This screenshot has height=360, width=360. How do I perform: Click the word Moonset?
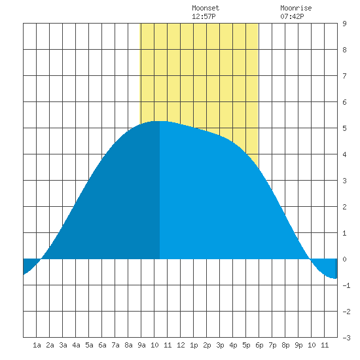click(206, 8)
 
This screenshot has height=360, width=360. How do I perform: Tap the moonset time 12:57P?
click(204, 16)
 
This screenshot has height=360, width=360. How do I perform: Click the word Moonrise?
click(296, 8)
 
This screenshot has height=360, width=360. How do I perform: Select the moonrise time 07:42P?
click(292, 16)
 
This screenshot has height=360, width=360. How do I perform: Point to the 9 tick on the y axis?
click(344, 24)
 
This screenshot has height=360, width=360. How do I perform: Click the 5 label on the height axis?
click(344, 128)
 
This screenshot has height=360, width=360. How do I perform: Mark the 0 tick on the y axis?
click(344, 259)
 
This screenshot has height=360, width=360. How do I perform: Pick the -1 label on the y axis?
click(346, 285)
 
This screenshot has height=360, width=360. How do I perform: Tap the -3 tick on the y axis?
click(346, 338)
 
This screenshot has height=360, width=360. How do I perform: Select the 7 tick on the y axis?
click(344, 76)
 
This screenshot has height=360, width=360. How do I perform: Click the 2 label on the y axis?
click(344, 207)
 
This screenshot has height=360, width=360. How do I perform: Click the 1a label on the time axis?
click(37, 345)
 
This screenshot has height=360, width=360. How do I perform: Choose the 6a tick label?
click(102, 345)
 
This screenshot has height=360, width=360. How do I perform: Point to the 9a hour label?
click(141, 345)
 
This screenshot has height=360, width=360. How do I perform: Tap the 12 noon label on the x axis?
click(181, 345)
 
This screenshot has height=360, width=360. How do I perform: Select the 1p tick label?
click(194, 345)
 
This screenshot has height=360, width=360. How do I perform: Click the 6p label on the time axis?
click(259, 345)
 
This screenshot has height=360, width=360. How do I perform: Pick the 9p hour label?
click(298, 345)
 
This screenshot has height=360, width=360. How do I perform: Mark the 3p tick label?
click(220, 345)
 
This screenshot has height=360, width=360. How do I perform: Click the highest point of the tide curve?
click(160, 121)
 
